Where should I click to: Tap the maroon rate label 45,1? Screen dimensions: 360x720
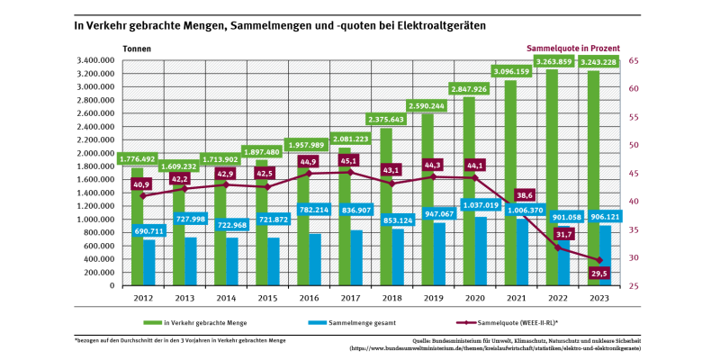tap(348, 160)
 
